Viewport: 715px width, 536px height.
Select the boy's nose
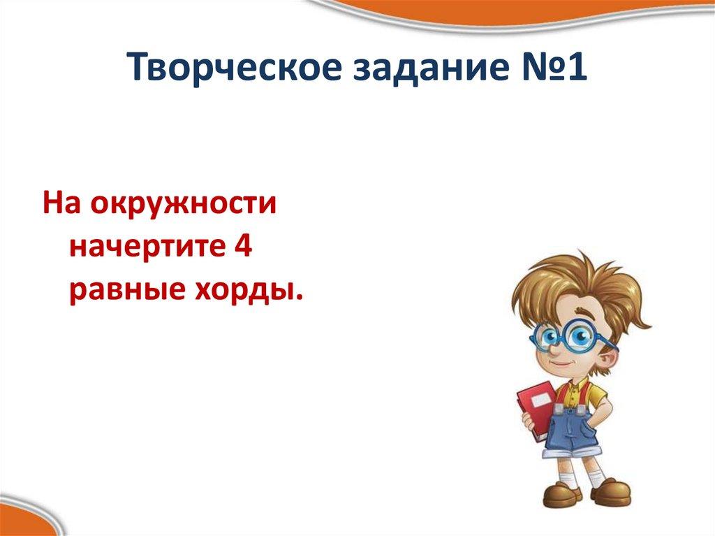pyautogui.click(x=551, y=347)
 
